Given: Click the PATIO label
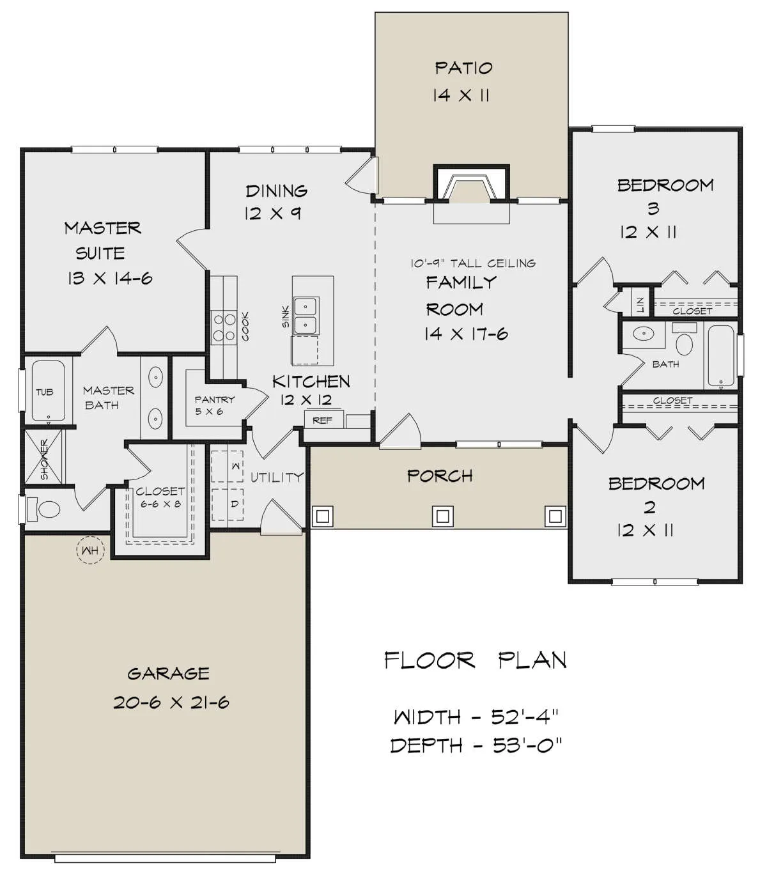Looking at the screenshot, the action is pyautogui.click(x=463, y=68).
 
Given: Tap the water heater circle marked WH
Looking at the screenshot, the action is pyautogui.click(x=90, y=550).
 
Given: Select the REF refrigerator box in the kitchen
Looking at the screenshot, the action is pyautogui.click(x=323, y=420).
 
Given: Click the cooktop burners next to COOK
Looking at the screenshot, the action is pyautogui.click(x=225, y=327).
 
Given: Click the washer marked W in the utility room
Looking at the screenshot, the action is pyautogui.click(x=228, y=466).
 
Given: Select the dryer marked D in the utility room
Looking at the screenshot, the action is pyautogui.click(x=228, y=504).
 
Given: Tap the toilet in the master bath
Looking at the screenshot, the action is pyautogui.click(x=43, y=509).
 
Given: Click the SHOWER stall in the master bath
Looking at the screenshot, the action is pyautogui.click(x=43, y=459).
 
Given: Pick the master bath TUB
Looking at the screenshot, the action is pyautogui.click(x=49, y=391).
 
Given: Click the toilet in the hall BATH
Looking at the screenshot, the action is pyautogui.click(x=684, y=341).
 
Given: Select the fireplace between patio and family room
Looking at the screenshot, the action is pyautogui.click(x=471, y=184).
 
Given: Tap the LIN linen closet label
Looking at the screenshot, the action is pyautogui.click(x=640, y=305).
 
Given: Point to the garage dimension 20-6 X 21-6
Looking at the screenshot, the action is pyautogui.click(x=171, y=702).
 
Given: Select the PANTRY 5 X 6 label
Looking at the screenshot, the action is pyautogui.click(x=215, y=405).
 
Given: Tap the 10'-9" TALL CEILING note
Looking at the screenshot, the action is pyautogui.click(x=473, y=263).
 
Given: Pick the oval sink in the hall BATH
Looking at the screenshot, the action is pyautogui.click(x=643, y=334).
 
